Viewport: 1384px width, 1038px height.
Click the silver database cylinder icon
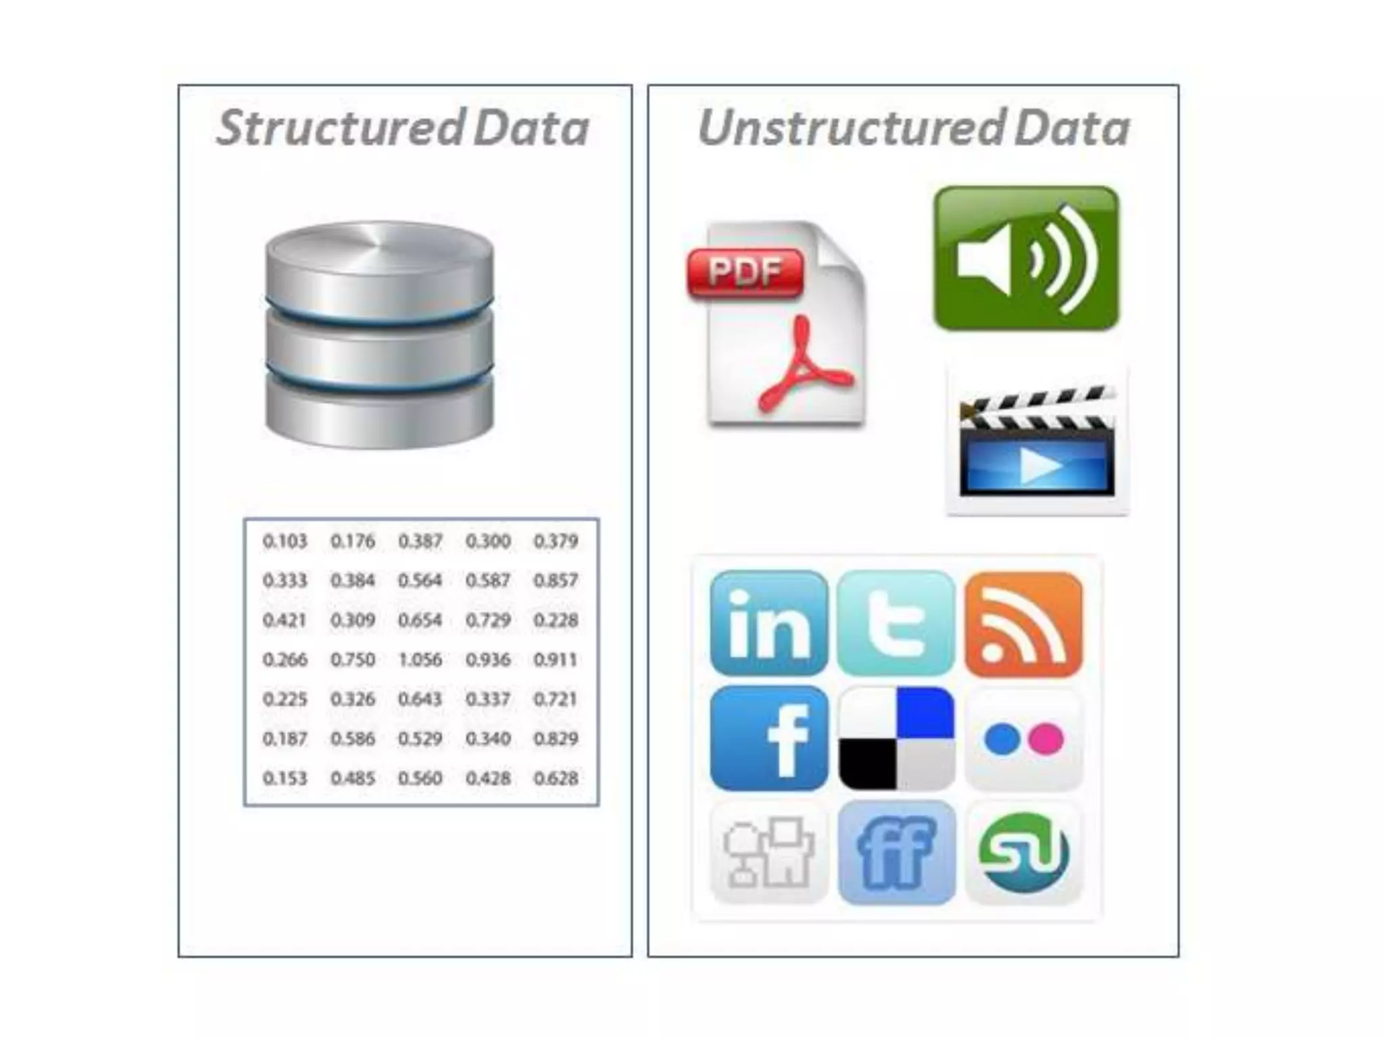[379, 335]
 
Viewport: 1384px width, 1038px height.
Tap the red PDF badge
[745, 272]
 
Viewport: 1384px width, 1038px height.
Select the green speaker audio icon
[1026, 258]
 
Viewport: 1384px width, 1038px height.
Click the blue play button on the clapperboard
[1037, 466]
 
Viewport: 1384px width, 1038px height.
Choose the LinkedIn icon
[769, 623]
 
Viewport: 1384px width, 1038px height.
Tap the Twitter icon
[896, 623]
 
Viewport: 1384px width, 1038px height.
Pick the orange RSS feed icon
[1023, 623]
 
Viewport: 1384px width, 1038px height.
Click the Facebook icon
[769, 738]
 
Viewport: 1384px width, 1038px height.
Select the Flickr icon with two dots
[1023, 739]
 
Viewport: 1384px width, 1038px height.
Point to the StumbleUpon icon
[1023, 853]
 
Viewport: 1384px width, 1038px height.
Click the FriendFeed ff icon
[896, 853]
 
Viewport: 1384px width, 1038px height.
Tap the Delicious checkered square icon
[896, 738]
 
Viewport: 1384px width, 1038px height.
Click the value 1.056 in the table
[420, 660]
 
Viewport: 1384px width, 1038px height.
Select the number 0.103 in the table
[285, 541]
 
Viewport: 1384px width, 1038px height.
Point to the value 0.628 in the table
[555, 778]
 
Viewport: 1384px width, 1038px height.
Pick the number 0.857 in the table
[555, 580]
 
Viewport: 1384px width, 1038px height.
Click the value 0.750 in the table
[353, 660]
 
